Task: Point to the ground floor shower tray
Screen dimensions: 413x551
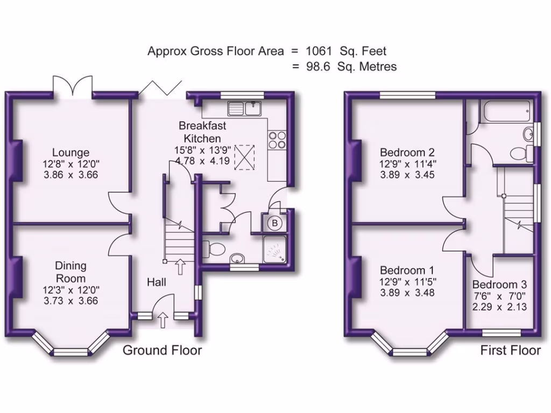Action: [275, 250]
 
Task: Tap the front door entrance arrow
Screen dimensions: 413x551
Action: [164, 321]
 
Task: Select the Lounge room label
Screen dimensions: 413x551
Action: [71, 153]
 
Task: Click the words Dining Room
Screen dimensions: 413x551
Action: [71, 272]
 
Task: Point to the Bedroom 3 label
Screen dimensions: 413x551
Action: [499, 284]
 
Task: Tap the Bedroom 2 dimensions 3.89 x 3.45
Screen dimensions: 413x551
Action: [407, 175]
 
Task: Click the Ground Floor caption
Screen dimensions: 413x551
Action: [163, 351]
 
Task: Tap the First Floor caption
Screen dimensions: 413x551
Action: [510, 351]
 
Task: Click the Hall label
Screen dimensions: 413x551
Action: [157, 282]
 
